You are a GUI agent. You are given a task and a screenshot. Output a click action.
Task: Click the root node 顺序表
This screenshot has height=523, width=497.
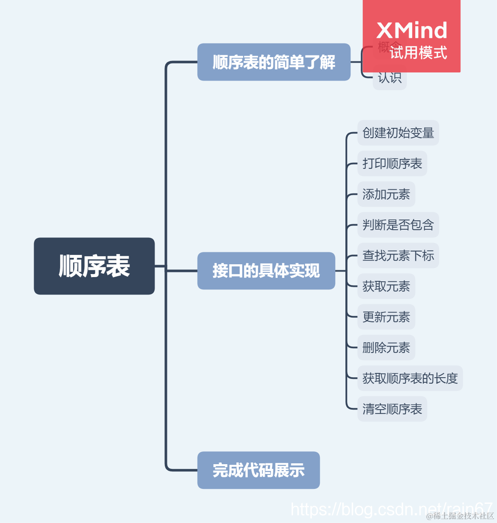(94, 266)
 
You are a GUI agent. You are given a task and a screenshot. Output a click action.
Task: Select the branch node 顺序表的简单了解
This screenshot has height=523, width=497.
(273, 62)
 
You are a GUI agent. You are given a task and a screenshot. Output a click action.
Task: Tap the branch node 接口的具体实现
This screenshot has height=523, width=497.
(266, 271)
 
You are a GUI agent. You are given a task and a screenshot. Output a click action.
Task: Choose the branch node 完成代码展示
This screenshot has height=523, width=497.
(258, 470)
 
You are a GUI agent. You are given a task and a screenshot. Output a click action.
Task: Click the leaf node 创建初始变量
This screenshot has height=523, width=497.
(398, 133)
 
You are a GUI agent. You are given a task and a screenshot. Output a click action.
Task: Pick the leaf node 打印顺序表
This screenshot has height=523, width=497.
(392, 164)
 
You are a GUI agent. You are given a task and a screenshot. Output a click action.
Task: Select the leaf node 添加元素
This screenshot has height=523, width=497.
(386, 194)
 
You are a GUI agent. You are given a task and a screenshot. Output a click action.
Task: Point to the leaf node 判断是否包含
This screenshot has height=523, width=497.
(398, 225)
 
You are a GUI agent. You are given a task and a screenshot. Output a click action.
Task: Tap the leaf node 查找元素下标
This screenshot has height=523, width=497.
(398, 256)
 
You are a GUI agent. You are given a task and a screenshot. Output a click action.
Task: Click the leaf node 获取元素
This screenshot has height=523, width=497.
(386, 286)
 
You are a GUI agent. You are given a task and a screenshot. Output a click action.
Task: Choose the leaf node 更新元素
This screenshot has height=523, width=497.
(386, 317)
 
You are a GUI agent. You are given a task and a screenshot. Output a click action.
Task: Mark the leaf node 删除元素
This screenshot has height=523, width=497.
(386, 348)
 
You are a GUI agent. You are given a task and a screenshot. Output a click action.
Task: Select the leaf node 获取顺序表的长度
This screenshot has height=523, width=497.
(410, 379)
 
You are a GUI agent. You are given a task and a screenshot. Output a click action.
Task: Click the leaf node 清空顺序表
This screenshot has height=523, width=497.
(392, 409)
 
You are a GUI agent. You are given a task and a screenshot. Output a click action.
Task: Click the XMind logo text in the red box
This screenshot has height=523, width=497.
(412, 31)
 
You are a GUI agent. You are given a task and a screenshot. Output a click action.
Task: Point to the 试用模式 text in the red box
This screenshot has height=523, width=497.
(418, 53)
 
